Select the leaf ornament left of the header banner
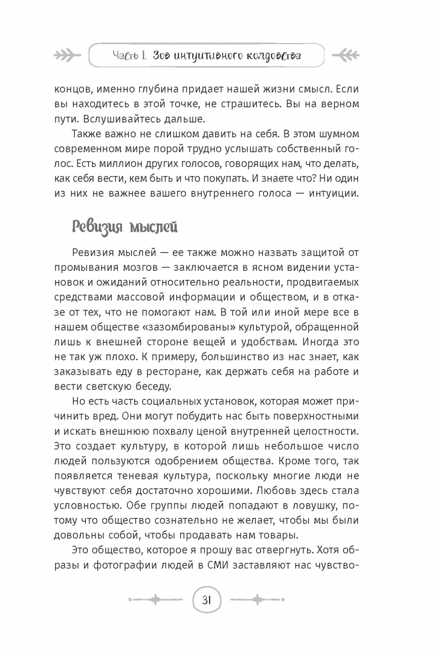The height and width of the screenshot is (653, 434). tap(69, 56)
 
